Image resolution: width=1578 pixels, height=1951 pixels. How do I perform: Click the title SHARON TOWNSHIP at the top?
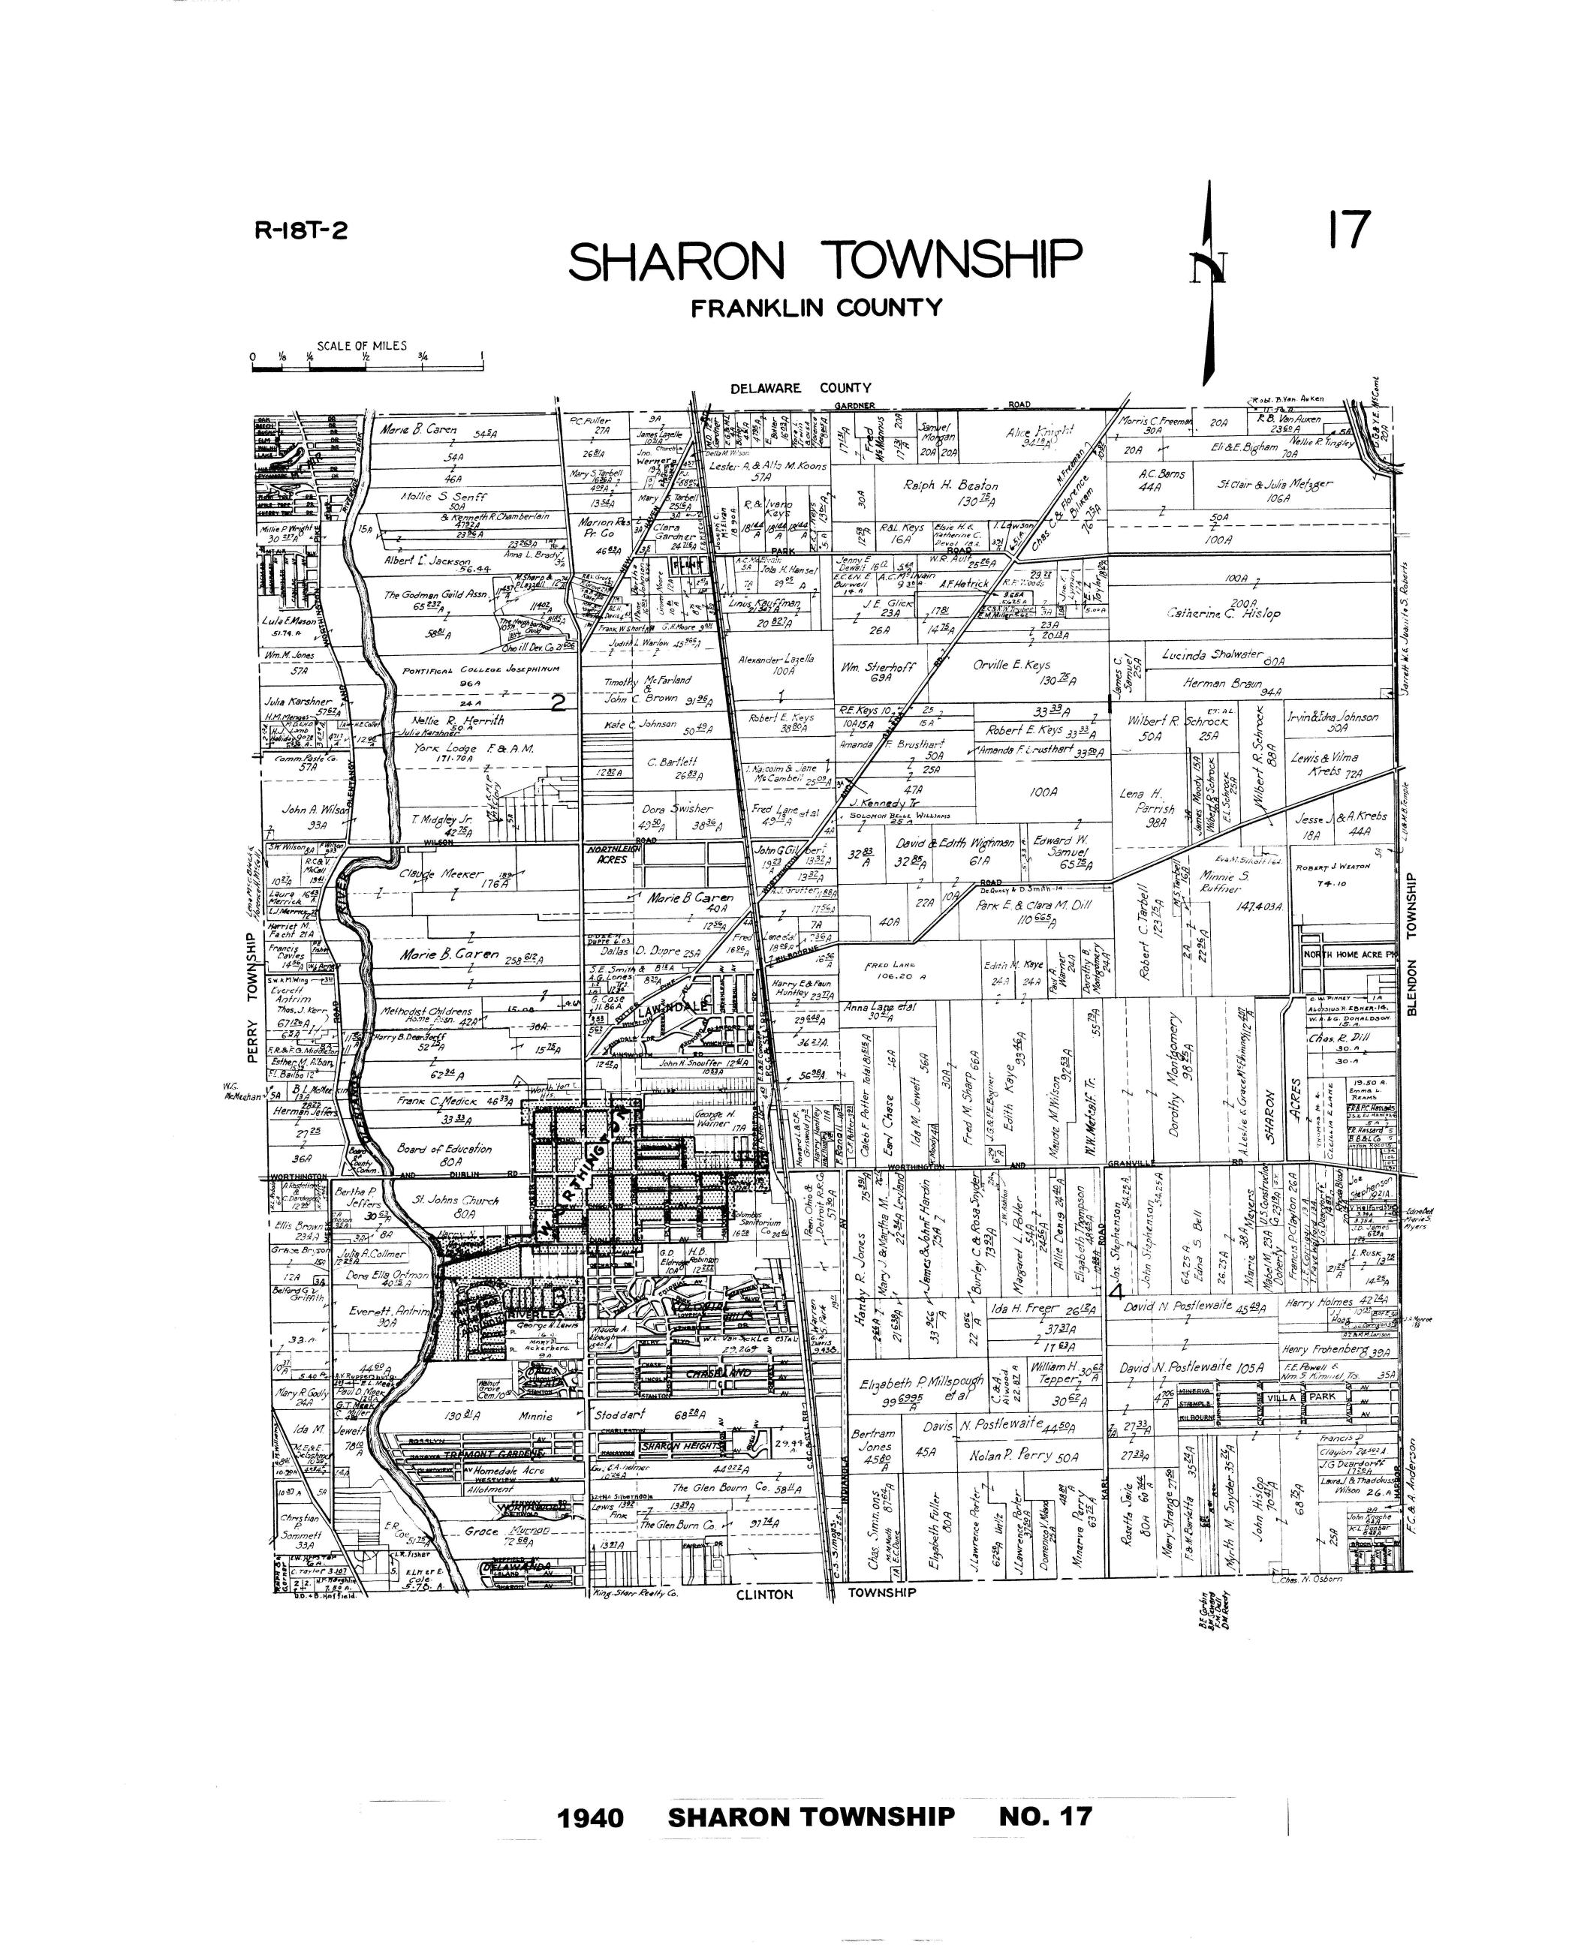pyautogui.click(x=824, y=261)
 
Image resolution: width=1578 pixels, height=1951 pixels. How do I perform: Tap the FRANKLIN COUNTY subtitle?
pyautogui.click(x=816, y=308)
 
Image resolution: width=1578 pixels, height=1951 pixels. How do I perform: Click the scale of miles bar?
pyautogui.click(x=366, y=368)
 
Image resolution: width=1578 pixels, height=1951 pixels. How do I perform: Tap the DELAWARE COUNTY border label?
pyautogui.click(x=801, y=388)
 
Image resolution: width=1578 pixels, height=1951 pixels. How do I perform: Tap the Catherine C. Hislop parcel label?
pyautogui.click(x=1224, y=612)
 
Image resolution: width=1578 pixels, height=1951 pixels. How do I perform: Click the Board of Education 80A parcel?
pyautogui.click(x=445, y=1153)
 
